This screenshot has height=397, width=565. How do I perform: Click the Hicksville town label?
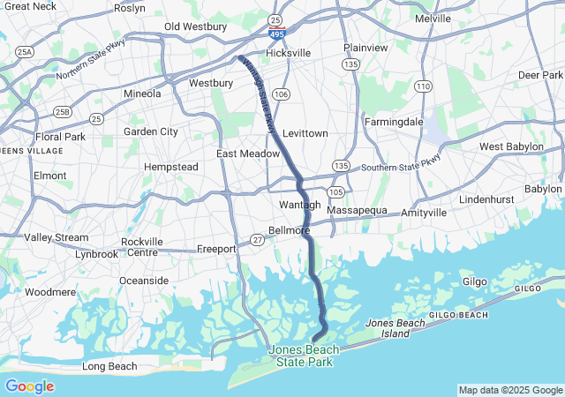(x=288, y=53)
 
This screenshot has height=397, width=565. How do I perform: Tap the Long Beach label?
(x=109, y=366)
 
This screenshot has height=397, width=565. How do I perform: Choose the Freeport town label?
(x=216, y=249)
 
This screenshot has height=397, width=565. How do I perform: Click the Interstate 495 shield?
(x=277, y=34)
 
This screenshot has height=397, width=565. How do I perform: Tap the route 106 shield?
(x=282, y=94)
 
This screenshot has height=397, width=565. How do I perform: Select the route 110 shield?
(x=425, y=86)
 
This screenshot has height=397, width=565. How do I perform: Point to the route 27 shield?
(x=257, y=239)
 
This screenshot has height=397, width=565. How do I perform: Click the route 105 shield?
(x=336, y=191)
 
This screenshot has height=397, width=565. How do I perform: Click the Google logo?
(x=29, y=386)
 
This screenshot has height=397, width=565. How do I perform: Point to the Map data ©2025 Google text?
(x=510, y=390)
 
